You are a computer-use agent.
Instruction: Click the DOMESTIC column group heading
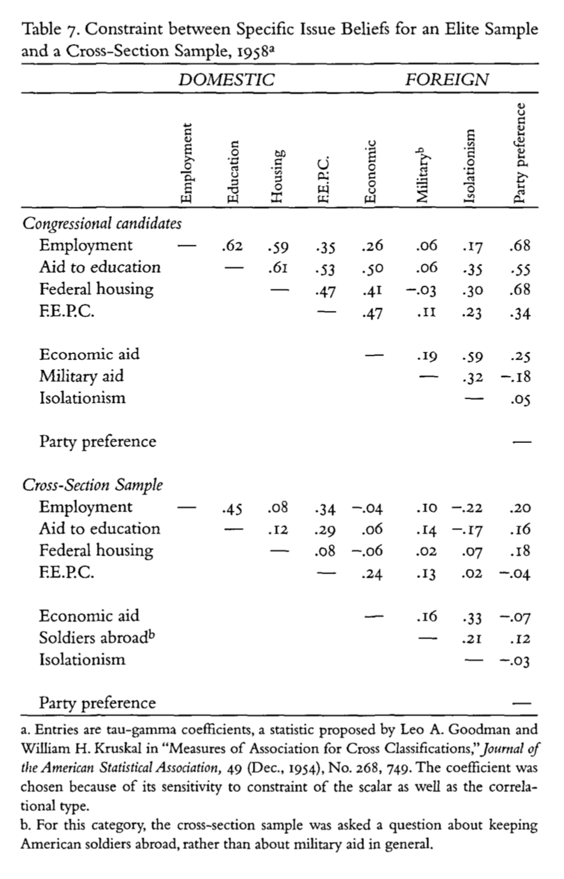point(226,79)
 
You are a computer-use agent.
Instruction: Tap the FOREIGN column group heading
point(447,79)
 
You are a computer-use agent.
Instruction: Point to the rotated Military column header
point(423,173)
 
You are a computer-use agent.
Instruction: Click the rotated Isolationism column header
point(470,166)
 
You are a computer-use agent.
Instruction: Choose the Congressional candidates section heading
point(102,223)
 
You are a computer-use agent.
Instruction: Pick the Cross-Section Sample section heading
point(92,485)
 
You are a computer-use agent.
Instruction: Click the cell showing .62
point(232,247)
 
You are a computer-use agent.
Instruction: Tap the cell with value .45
point(232,509)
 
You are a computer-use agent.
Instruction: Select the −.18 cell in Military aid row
point(516,377)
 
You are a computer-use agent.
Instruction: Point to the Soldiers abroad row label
point(97,638)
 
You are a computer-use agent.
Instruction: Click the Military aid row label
point(81,376)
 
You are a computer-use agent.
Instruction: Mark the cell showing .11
point(426,312)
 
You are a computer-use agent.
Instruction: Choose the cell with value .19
point(426,356)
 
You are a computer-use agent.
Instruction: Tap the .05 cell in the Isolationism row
point(520,399)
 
